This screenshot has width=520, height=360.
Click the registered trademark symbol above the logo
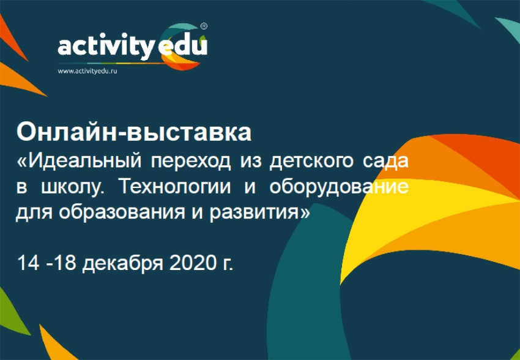[204, 26]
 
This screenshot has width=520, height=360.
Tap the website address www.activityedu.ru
[87, 71]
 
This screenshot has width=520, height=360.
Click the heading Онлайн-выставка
[134, 133]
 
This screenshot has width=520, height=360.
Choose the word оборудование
[338, 189]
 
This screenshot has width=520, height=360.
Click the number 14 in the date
[28, 263]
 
